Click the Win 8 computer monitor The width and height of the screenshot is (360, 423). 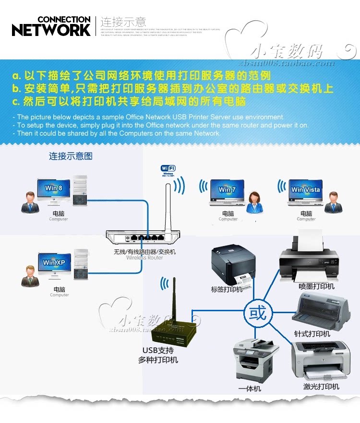54,189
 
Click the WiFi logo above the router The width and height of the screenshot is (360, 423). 168,168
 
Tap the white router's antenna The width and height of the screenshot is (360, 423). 168,206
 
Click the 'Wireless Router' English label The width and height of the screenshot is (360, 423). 144,258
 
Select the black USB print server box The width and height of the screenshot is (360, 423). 174,331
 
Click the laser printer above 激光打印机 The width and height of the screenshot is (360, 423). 320,360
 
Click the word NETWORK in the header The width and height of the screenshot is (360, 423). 51,30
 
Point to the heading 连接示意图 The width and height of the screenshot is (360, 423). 71,156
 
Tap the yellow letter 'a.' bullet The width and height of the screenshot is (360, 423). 17,76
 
